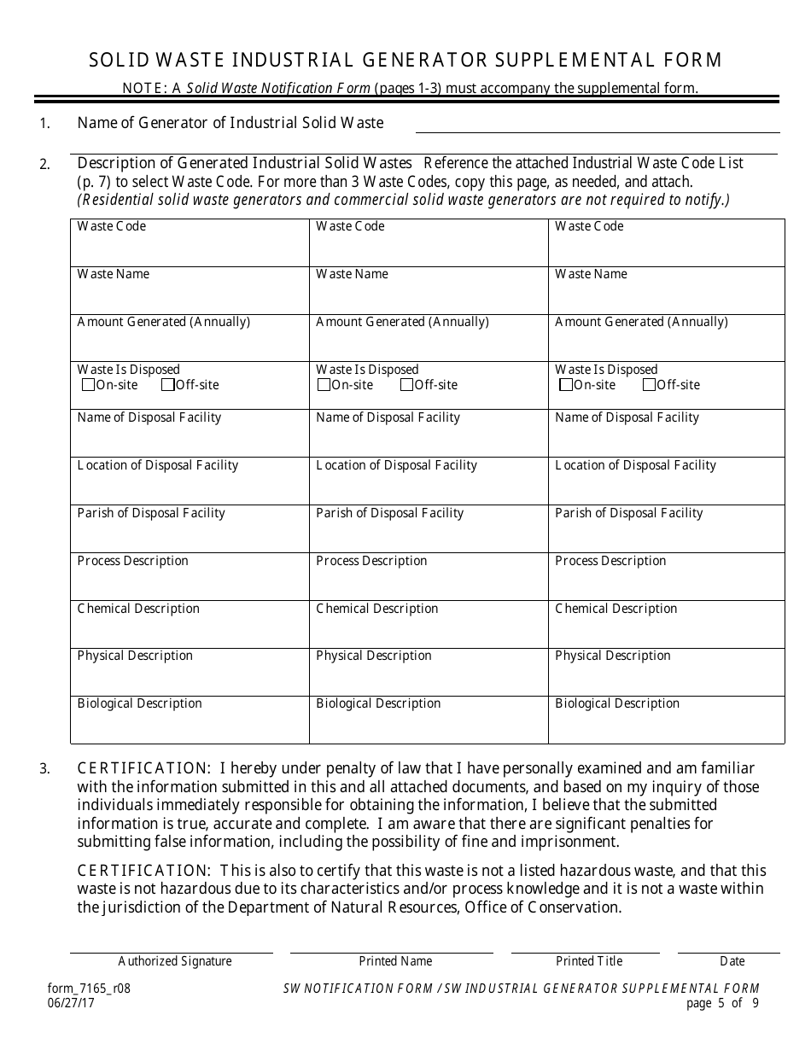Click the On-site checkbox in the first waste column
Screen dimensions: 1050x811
(x=88, y=385)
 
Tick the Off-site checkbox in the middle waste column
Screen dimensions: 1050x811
(x=407, y=385)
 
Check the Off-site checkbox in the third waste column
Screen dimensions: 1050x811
(x=650, y=385)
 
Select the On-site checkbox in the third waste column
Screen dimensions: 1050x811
(x=566, y=385)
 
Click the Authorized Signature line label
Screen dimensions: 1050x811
(x=175, y=961)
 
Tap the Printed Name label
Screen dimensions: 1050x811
(x=395, y=961)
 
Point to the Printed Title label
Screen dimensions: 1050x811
(x=589, y=961)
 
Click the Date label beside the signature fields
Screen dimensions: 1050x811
(x=732, y=961)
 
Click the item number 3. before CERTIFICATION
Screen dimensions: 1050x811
(x=44, y=769)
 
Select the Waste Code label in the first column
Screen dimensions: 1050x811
(x=111, y=226)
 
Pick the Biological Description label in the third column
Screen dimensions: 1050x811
(x=617, y=703)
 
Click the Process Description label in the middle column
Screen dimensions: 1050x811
(x=371, y=561)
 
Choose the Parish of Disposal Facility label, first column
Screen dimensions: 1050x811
(x=151, y=513)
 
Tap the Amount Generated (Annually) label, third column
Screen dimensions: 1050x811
(x=641, y=322)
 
